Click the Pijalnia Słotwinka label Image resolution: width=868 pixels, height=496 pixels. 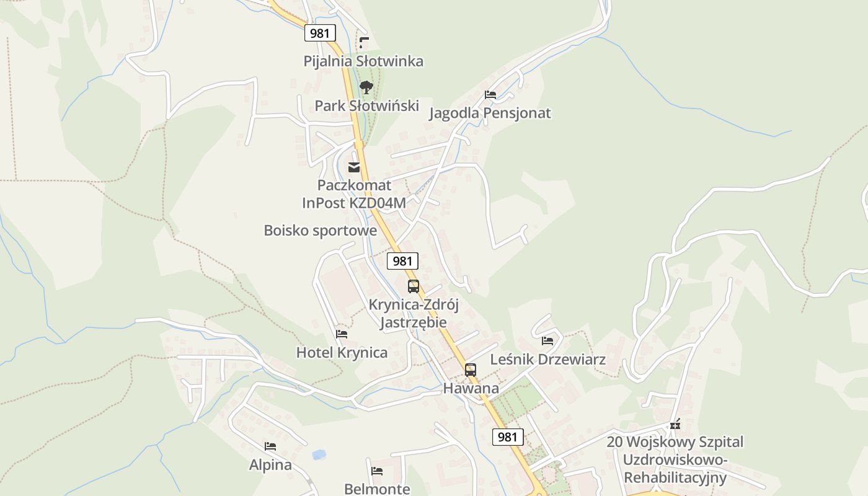tap(363, 61)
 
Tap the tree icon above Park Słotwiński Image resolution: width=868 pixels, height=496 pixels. tap(366, 87)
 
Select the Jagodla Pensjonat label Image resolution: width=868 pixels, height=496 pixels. tap(490, 113)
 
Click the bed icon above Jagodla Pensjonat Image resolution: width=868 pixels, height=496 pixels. tap(490, 95)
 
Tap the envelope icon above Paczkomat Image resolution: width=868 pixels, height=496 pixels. tap(354, 167)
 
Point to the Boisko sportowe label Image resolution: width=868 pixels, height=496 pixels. tap(320, 230)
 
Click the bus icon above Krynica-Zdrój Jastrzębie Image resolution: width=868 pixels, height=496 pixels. tap(414, 286)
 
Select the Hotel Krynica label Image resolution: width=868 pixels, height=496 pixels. tap(342, 352)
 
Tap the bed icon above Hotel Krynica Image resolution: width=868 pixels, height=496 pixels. tap(342, 334)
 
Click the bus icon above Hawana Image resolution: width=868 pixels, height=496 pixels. tap(471, 370)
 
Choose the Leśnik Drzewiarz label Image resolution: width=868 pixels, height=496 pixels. tap(547, 359)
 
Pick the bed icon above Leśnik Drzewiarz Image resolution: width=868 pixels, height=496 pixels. tap(547, 341)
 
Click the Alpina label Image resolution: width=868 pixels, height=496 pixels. tap(270, 464)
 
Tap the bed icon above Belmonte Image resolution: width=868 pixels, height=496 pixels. tap(377, 471)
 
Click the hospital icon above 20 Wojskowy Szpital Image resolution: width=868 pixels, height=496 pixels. tap(675, 425)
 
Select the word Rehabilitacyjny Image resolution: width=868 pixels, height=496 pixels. tap(675, 477)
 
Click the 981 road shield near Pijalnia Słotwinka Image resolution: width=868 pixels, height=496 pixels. tap(320, 33)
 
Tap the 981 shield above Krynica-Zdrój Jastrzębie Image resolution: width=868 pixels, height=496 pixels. tap(402, 261)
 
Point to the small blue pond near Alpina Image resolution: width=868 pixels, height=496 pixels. tap(319, 454)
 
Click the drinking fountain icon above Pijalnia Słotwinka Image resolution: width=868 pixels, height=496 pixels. tap(364, 43)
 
